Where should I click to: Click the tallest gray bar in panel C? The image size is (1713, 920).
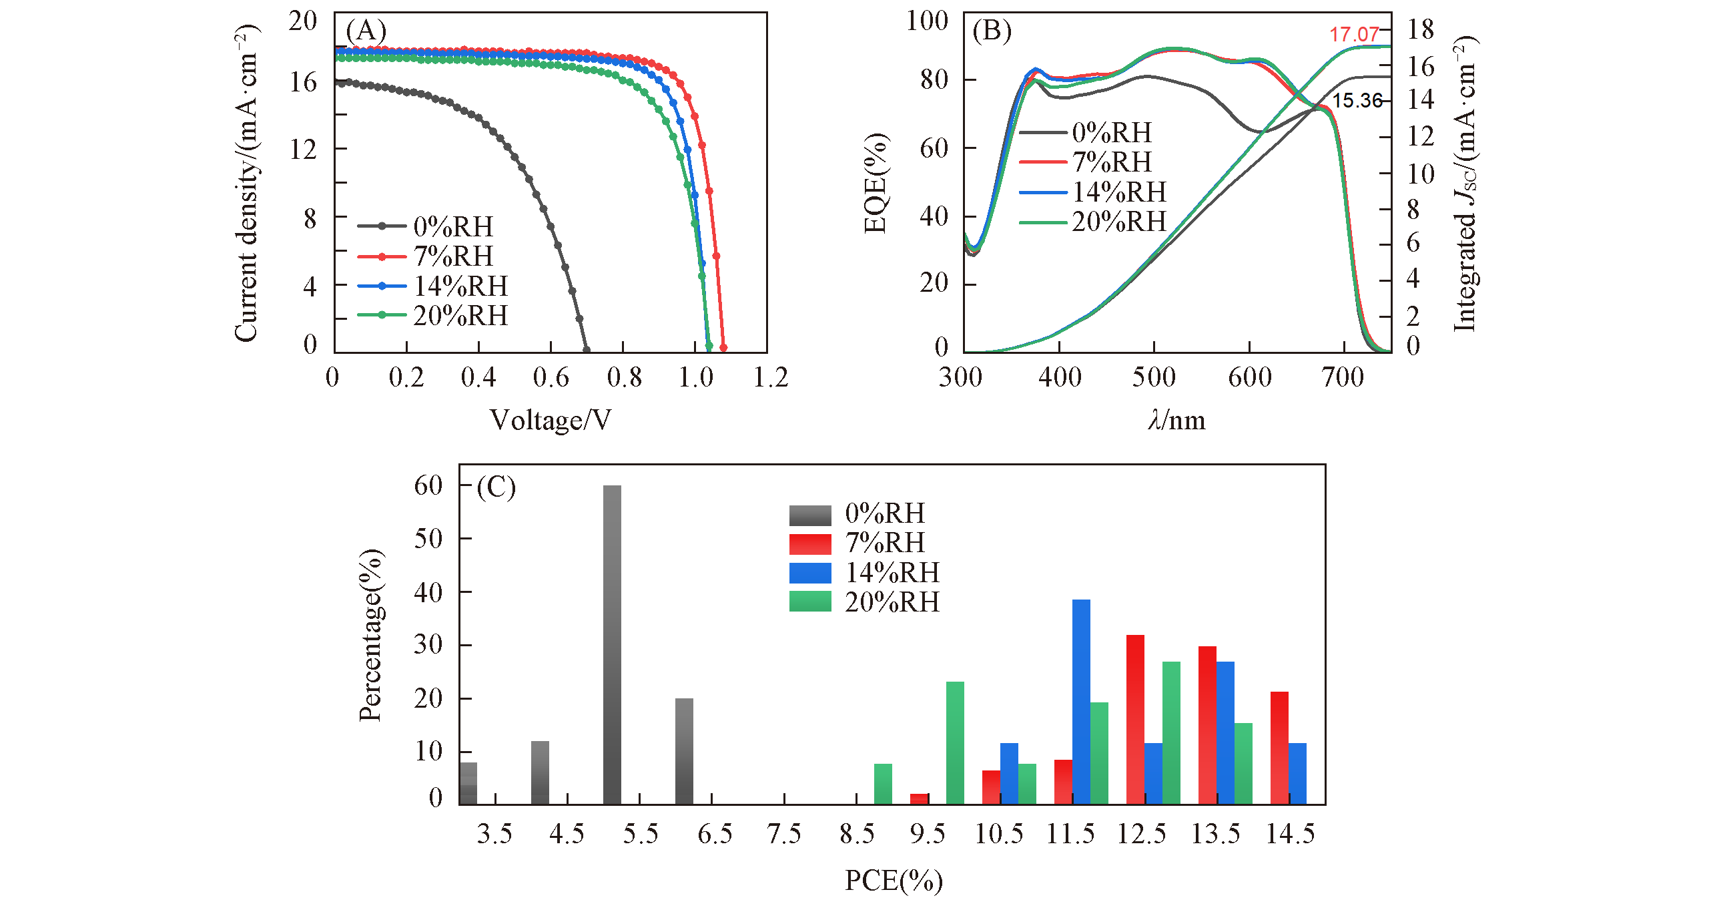pyautogui.click(x=612, y=644)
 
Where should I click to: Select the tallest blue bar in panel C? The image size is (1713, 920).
pyautogui.click(x=1081, y=701)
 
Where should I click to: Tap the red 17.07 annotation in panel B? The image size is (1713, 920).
pyautogui.click(x=1353, y=34)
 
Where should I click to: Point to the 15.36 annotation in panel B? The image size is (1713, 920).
pyautogui.click(x=1357, y=100)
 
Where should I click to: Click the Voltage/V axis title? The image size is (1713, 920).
pyautogui.click(x=550, y=420)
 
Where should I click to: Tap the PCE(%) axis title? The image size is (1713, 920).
pyautogui.click(x=894, y=881)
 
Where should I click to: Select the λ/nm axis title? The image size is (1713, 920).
pyautogui.click(x=1176, y=420)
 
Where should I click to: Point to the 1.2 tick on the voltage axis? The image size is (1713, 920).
pyautogui.click(x=770, y=378)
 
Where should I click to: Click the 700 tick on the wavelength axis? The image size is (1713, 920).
pyautogui.click(x=1343, y=378)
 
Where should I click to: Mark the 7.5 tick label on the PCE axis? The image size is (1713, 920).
pyautogui.click(x=783, y=834)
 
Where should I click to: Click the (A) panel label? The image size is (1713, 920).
pyautogui.click(x=366, y=31)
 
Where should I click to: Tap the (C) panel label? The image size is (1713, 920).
pyautogui.click(x=496, y=487)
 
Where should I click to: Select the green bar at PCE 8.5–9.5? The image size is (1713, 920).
pyautogui.click(x=883, y=784)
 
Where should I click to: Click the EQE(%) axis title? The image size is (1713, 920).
pyautogui.click(x=876, y=183)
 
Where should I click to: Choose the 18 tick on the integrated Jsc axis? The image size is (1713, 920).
pyautogui.click(x=1420, y=29)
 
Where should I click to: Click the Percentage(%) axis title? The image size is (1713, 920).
pyautogui.click(x=371, y=635)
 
